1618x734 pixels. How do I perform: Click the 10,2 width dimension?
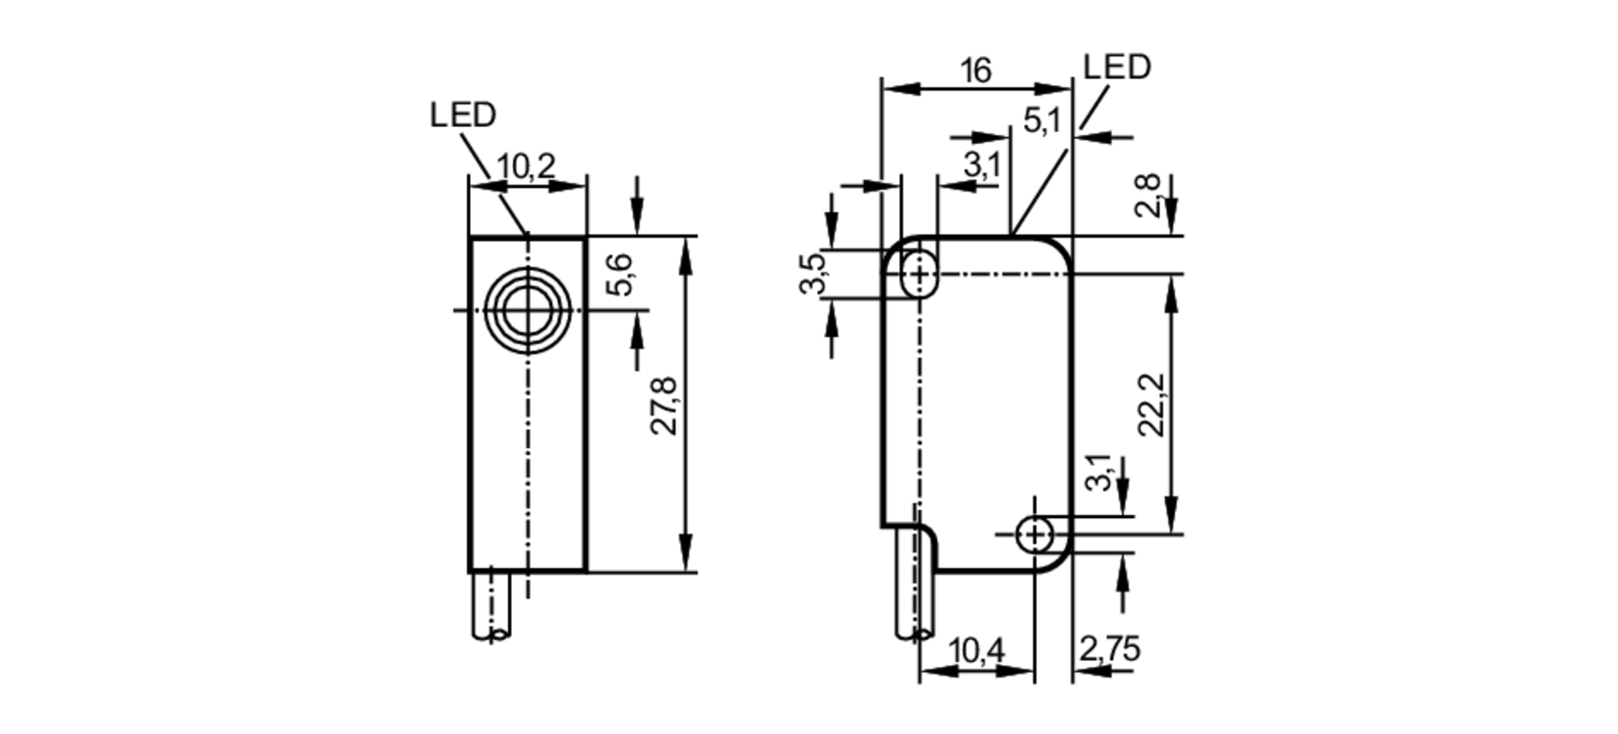(526, 167)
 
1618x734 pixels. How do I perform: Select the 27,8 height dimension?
(665, 406)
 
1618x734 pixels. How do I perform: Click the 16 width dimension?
(976, 71)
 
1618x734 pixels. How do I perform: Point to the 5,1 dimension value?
(1041, 121)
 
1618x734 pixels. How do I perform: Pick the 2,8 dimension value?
(1148, 196)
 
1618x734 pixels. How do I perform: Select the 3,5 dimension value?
(813, 274)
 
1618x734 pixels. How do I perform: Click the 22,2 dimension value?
(1151, 405)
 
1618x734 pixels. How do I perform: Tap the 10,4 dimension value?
(976, 650)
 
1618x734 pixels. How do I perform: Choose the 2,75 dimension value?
(1109, 649)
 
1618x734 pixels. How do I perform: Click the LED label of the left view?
(463, 116)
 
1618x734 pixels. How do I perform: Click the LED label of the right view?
(1116, 68)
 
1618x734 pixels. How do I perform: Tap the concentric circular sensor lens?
(527, 309)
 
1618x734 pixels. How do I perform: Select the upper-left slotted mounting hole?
(919, 274)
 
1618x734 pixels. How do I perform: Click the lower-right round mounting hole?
(1035, 534)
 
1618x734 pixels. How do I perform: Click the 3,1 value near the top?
(982, 165)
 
